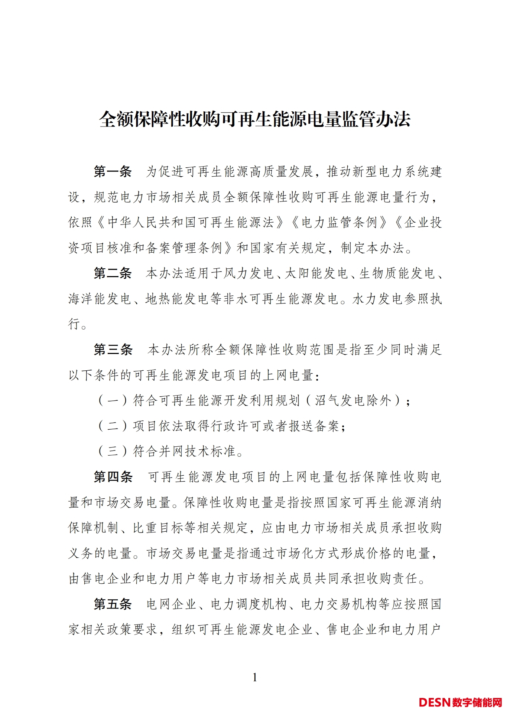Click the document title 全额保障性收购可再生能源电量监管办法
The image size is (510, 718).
(255, 119)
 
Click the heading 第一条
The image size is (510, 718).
(113, 172)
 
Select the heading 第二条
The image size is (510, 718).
(113, 273)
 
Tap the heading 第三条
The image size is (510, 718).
(113, 350)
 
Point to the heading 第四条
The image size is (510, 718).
(113, 477)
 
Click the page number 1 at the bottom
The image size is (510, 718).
(255, 678)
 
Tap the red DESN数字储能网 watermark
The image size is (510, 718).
(460, 702)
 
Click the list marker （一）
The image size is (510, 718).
(113, 401)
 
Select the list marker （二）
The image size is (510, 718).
(113, 426)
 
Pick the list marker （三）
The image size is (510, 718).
(113, 452)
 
